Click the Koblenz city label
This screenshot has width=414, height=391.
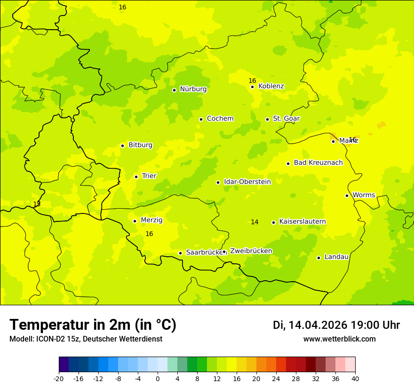271,86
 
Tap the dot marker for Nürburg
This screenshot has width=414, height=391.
174,90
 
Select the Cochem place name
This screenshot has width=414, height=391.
220,119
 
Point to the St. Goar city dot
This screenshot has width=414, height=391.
267,119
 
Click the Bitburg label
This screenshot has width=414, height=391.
140,145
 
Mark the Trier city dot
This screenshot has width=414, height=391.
136,177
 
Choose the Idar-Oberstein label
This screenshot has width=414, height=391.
247,182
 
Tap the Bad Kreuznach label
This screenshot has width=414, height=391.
318,163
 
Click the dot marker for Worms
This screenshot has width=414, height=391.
347,195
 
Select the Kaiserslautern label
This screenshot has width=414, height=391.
302,222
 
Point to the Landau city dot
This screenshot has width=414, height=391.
318,258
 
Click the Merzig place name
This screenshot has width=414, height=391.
151,220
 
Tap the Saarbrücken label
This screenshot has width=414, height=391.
204,253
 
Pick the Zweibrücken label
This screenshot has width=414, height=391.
251,251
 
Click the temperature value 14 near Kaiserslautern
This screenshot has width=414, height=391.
255,222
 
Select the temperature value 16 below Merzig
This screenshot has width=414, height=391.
149,234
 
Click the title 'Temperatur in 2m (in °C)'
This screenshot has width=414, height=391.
93,325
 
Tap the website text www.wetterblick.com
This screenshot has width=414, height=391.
339,339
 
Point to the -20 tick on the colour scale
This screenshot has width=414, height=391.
59,379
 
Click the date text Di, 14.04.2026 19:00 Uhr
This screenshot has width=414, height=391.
336,325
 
